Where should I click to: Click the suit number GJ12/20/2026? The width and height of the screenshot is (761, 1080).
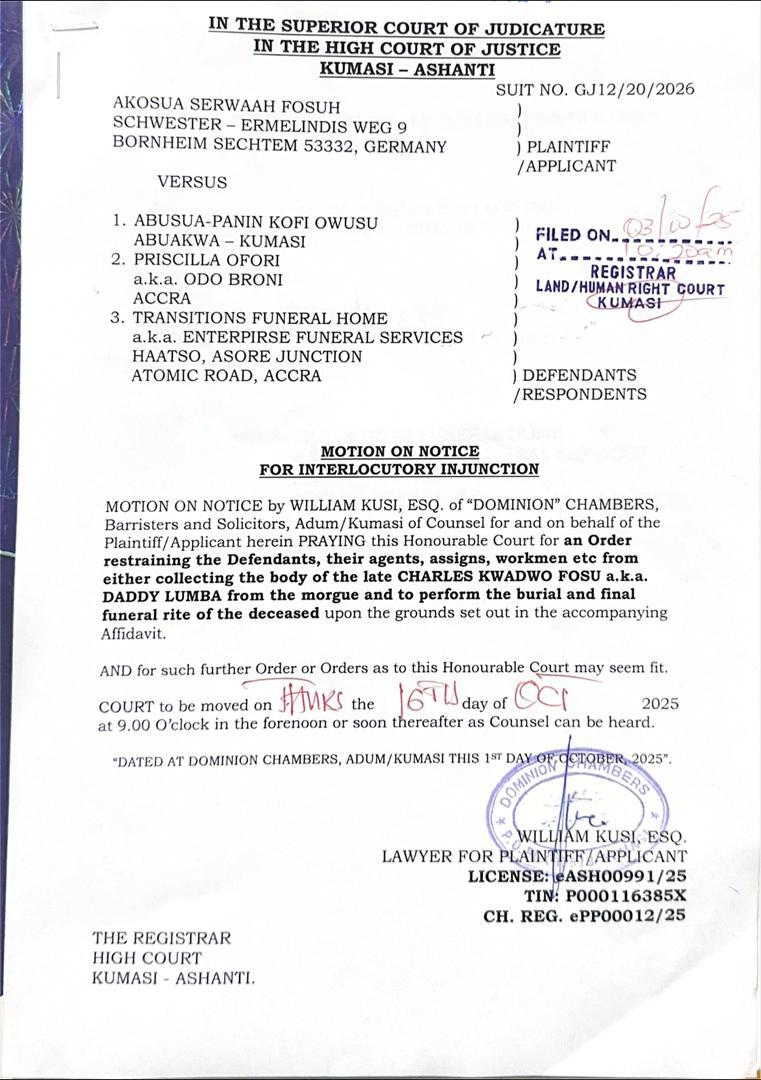634,89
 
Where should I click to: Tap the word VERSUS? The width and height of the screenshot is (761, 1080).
192,182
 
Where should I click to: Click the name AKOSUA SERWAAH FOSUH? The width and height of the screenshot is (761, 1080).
227,106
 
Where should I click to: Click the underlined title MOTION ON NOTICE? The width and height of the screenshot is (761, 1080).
399,452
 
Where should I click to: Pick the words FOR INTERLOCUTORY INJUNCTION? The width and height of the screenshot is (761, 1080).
399,469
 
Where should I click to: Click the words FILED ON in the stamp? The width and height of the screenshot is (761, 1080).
572,235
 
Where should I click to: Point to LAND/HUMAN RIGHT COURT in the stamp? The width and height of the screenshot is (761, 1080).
630,288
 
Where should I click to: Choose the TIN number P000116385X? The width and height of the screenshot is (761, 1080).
626,895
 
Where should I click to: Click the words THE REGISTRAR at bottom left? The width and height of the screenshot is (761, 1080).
161,938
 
